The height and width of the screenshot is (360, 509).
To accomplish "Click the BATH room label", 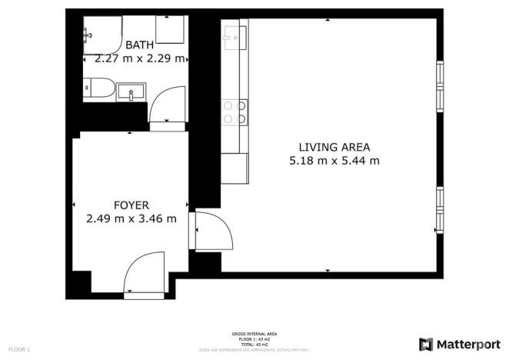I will point(139,45).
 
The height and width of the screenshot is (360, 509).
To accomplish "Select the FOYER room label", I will point(131,205).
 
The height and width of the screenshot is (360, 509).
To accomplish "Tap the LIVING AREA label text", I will point(334,147).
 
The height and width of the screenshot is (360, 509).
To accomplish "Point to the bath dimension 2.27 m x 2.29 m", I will point(139,58).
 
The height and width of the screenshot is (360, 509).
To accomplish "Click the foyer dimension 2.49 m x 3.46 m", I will point(131,218).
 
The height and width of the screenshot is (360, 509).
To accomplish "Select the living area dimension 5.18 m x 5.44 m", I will point(334,161).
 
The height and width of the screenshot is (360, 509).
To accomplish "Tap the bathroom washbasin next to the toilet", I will point(131,93).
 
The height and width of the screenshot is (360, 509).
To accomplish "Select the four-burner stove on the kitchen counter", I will point(234,113).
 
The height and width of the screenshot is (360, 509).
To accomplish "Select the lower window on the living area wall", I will point(440,208).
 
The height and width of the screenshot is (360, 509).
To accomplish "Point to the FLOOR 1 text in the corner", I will point(19,350).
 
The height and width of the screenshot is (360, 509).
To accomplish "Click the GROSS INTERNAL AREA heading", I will point(250,334).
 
